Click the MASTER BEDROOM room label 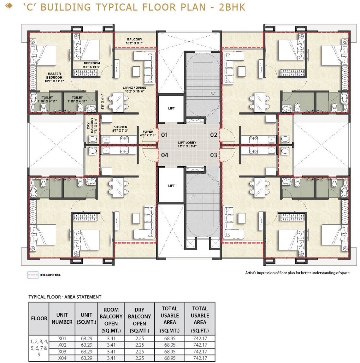(54, 77)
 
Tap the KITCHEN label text (120, 127)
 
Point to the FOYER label (148, 132)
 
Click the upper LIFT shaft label (171, 108)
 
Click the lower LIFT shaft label (171, 186)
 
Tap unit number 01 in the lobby (164, 135)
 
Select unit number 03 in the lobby (214, 155)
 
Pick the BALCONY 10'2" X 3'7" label (135, 41)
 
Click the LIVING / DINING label (134, 89)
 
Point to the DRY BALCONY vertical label (92, 126)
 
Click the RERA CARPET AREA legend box (33, 275)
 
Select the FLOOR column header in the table (39, 318)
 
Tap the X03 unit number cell (62, 351)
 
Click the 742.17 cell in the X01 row (200, 338)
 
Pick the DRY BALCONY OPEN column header (139, 320)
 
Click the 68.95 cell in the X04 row (170, 358)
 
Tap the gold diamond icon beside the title (9, 6)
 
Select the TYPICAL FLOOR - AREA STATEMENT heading (65, 297)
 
